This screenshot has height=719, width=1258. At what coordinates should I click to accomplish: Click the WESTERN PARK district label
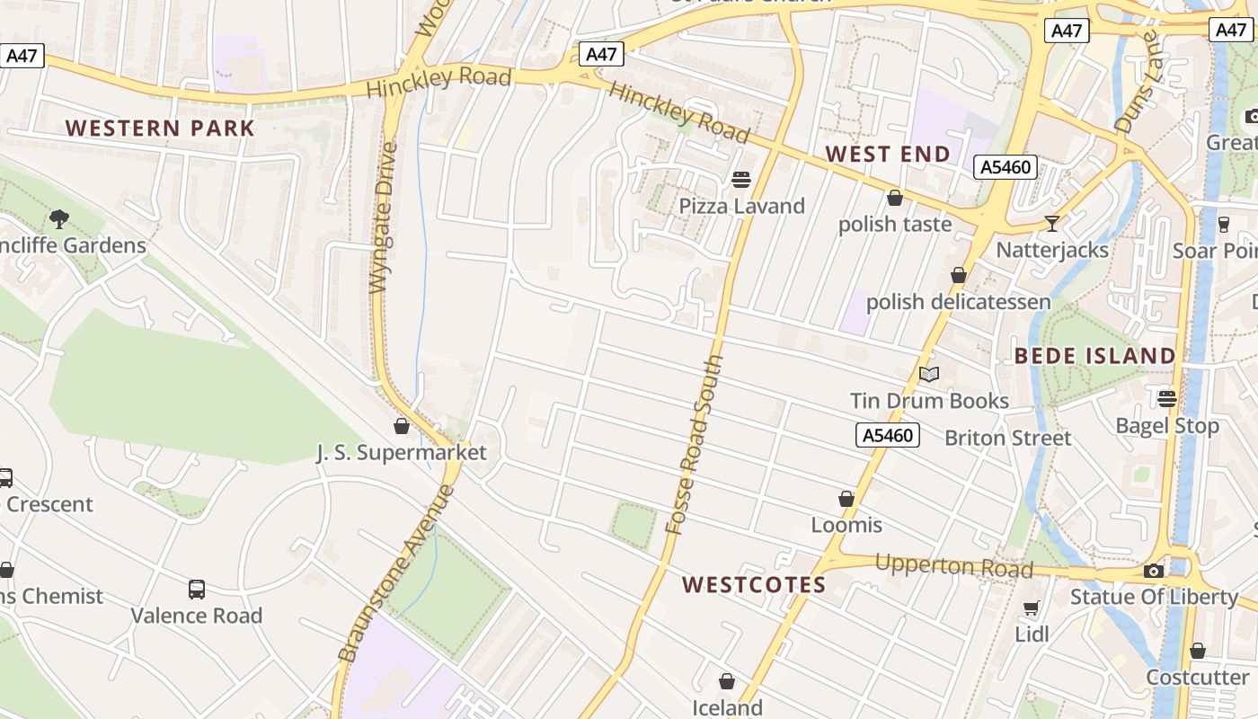161,128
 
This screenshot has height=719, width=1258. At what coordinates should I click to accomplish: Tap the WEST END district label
888,154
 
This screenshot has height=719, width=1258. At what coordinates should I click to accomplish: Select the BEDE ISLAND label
1094,356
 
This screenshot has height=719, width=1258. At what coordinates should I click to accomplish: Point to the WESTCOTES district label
754,585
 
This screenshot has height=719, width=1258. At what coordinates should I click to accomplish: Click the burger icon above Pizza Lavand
741,180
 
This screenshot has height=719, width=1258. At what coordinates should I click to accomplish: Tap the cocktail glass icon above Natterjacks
1051,223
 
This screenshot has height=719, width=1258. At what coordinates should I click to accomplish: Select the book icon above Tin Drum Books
929,374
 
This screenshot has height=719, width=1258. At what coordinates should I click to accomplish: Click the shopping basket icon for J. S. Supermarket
402,426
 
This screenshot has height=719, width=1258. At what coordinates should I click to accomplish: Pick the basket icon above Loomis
846,499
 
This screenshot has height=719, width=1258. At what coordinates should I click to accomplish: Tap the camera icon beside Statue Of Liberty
1154,571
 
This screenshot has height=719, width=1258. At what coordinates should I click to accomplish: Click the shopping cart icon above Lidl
1032,608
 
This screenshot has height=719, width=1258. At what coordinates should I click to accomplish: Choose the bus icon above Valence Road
197,590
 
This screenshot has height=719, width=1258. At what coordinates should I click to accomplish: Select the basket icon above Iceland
727,682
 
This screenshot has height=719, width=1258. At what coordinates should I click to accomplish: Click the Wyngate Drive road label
383,217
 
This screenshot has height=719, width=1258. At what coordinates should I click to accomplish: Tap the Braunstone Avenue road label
396,575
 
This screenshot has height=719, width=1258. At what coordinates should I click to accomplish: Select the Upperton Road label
953,566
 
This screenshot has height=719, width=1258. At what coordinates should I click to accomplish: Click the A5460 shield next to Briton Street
887,436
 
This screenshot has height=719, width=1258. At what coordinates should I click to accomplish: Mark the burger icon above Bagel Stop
1167,398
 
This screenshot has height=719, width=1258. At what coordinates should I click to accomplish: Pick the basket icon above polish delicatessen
959,275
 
